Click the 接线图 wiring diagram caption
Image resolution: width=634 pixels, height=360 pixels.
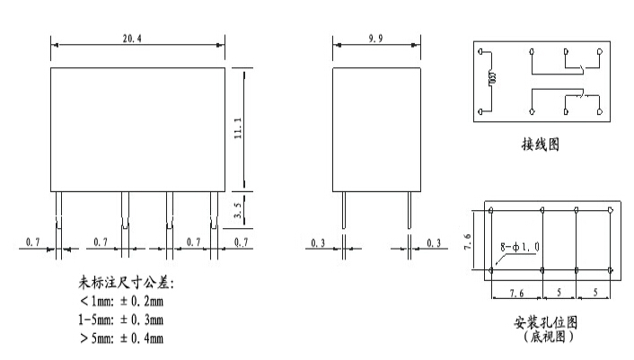pyautogui.click(x=540, y=144)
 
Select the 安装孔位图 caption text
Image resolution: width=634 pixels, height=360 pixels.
pyautogui.click(x=544, y=321)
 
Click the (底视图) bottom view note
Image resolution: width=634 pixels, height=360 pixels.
pyautogui.click(x=544, y=338)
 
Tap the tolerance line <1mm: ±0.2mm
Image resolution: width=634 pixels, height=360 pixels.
pyautogui.click(x=121, y=302)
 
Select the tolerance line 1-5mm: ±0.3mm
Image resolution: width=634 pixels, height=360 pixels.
pyautogui.click(x=121, y=320)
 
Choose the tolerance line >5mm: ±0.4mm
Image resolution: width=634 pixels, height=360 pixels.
pyautogui.click(x=121, y=338)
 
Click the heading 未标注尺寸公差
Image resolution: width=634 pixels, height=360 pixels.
pyautogui.click(x=125, y=283)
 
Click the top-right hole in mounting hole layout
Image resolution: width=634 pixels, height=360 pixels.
pyautogui.click(x=610, y=211)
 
